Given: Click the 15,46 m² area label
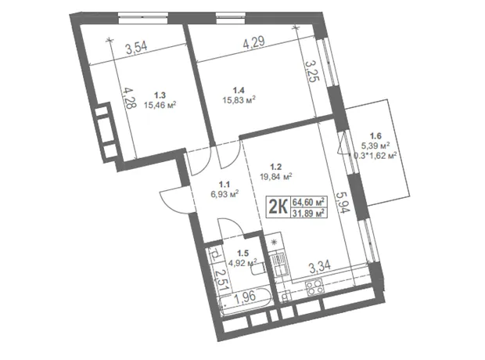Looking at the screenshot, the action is (x=160, y=105).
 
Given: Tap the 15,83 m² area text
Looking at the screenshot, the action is (x=239, y=99).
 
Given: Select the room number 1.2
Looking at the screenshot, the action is (x=275, y=167).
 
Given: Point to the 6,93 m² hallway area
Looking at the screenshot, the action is (x=225, y=194).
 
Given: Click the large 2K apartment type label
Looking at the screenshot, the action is (x=278, y=207).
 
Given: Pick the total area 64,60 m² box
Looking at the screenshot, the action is (x=308, y=202).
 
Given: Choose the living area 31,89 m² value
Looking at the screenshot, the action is (x=308, y=213).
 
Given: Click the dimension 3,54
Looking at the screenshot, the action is (x=136, y=48).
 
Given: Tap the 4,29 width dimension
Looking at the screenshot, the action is (x=253, y=42).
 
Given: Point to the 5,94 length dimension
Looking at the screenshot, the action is (x=343, y=203).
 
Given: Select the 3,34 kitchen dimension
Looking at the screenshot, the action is (x=320, y=267).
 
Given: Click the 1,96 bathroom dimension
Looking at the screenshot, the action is (x=245, y=297).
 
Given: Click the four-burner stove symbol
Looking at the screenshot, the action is (x=314, y=287).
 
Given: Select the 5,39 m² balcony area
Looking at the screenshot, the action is (x=375, y=146).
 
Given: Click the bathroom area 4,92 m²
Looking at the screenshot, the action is (x=243, y=263).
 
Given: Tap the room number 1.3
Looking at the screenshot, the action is (x=160, y=95).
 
